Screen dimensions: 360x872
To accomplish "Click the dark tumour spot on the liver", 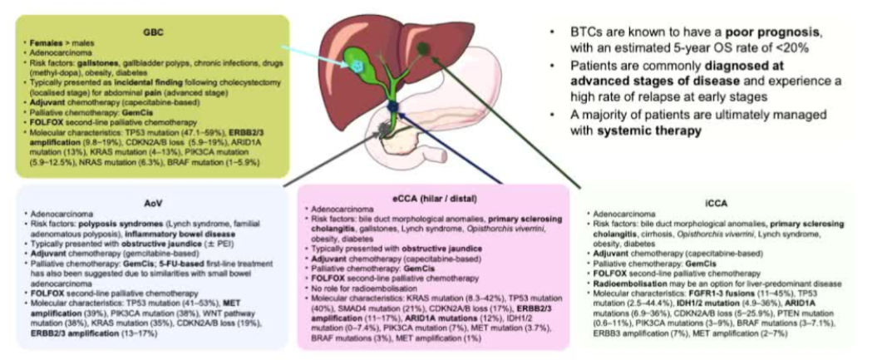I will [426, 52].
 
